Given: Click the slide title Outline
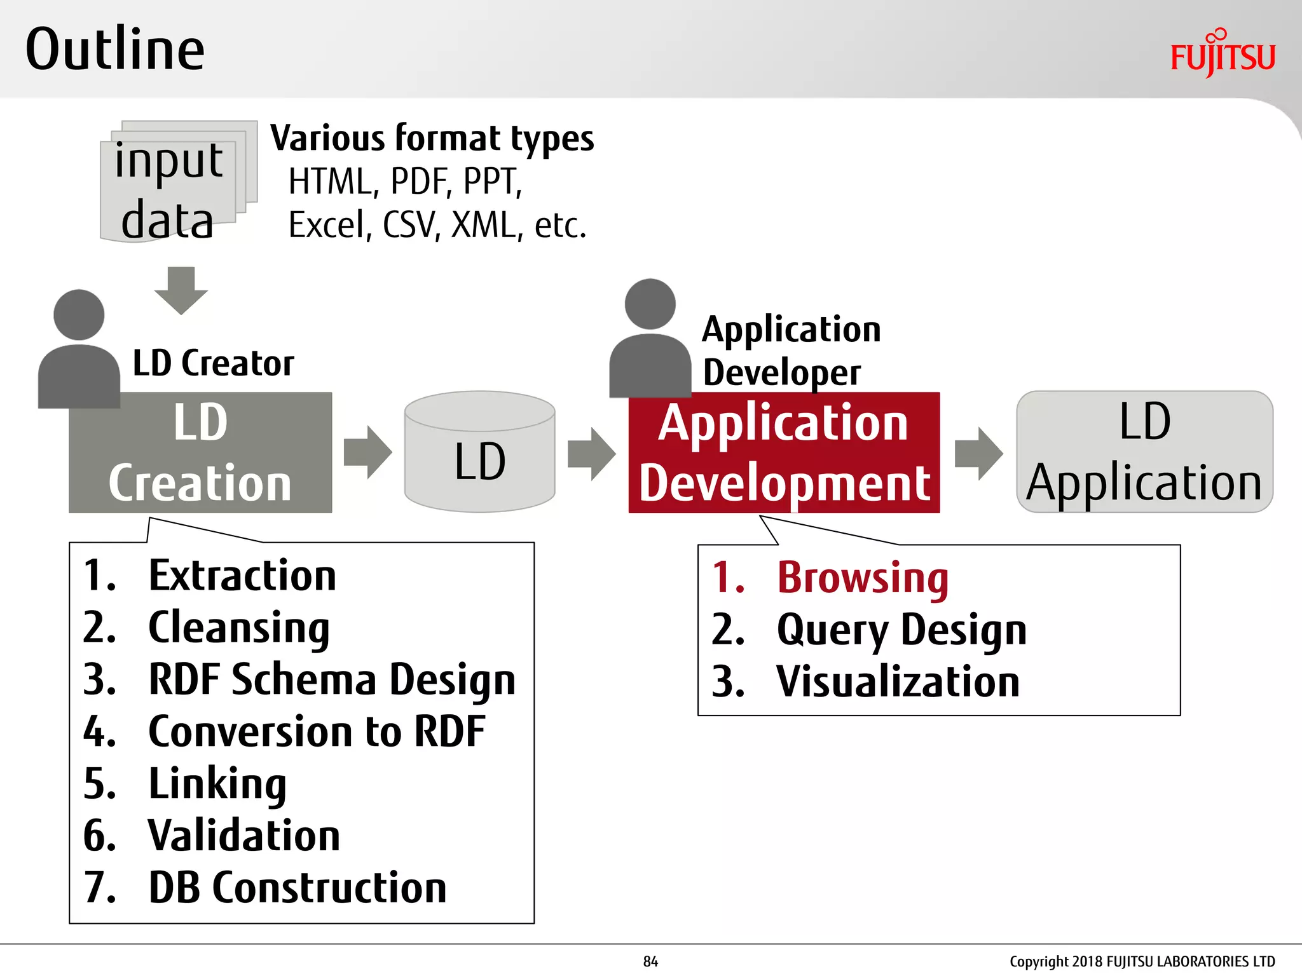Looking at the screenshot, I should pos(115,50).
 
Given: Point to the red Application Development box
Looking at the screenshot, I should pos(784,452).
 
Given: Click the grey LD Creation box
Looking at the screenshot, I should pos(200,452).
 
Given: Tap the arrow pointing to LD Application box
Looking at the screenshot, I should pos(978,453).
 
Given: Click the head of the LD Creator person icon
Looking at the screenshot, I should pos(79,315).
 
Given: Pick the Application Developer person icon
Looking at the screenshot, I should pos(650,340).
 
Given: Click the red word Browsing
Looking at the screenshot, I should pos(862,578).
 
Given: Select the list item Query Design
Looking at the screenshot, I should pos(901,630).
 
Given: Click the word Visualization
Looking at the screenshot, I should pos(898,682).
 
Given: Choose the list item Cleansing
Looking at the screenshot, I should pos(238,628).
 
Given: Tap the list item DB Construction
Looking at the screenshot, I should pos(297,888).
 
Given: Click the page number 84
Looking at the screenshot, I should pos(650,961).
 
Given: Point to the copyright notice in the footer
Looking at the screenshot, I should pos(1142,961).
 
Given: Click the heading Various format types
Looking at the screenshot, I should pos(432,139).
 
